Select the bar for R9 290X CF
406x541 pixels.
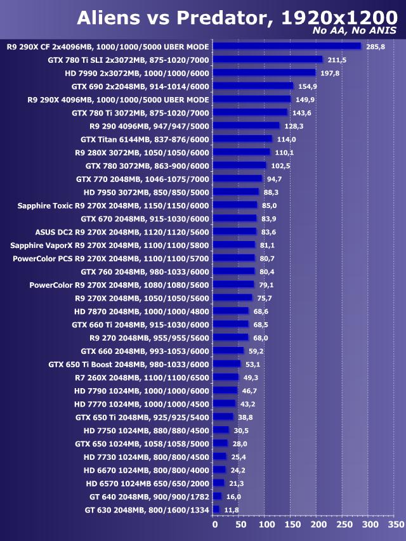(287, 46)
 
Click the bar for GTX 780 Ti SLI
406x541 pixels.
(268, 60)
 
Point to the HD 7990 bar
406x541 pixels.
(264, 73)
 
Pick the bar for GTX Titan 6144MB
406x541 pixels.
(242, 139)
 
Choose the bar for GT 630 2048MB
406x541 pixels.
(216, 509)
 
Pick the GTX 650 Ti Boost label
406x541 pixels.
(129, 364)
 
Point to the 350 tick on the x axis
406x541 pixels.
(395, 525)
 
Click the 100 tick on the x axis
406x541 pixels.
(265, 525)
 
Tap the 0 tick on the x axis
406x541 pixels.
(214, 525)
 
